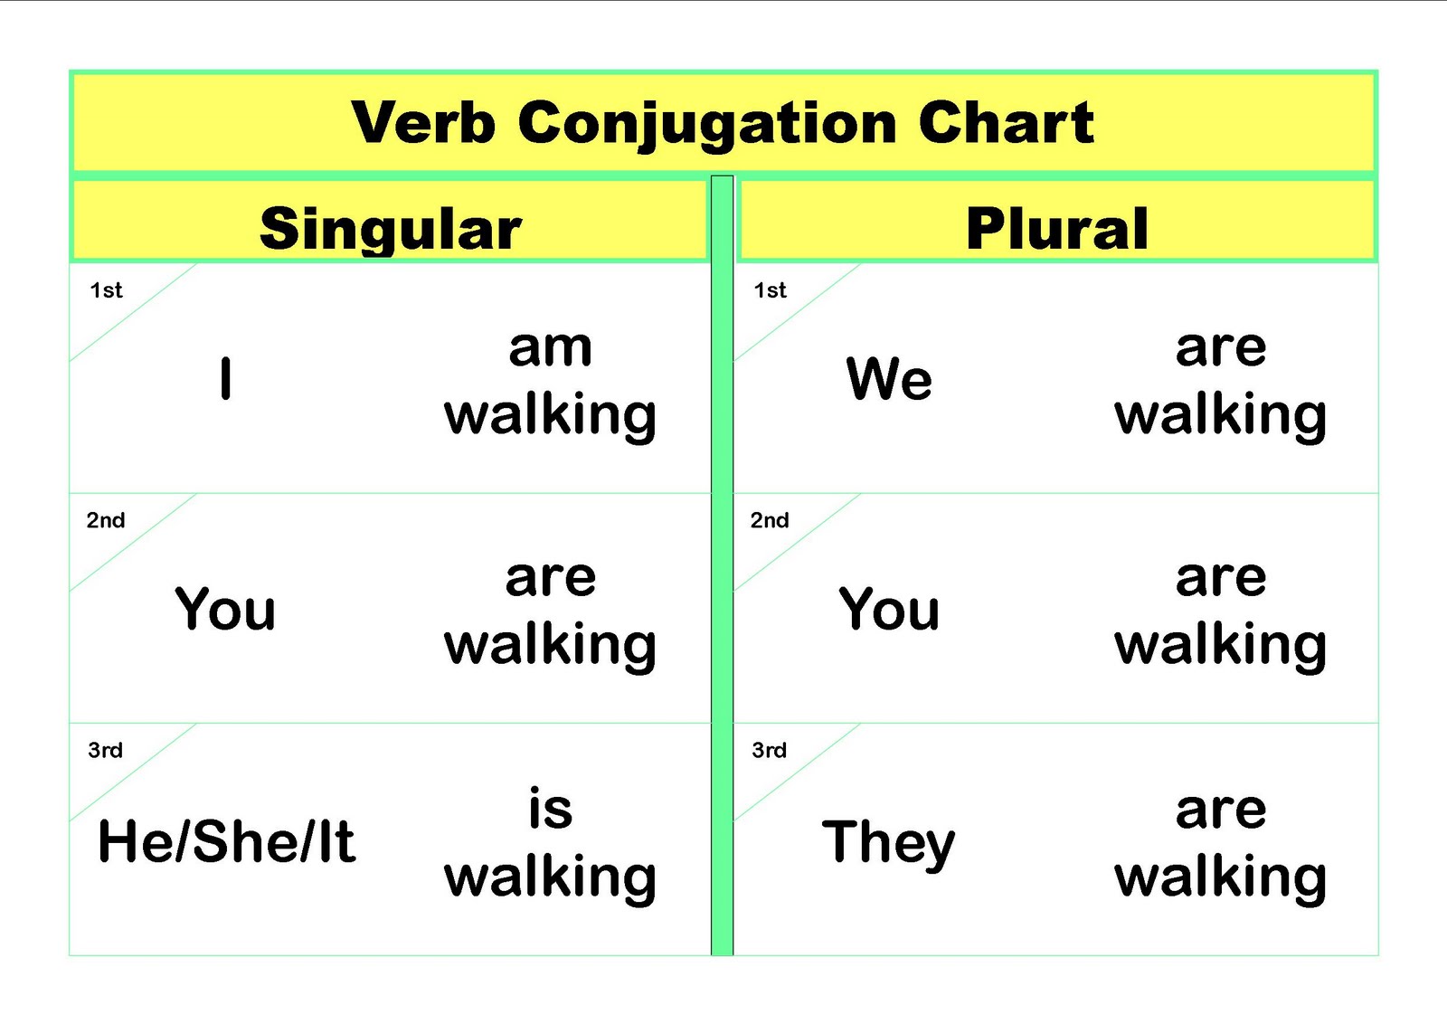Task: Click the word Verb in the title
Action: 423,122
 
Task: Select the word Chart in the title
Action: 1006,122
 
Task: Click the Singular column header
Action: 390,229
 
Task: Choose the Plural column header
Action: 1056,228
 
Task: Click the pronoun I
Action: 225,378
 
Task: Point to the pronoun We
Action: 889,378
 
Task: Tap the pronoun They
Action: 888,843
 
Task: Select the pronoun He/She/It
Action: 226,841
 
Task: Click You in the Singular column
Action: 225,609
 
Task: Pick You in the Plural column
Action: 889,609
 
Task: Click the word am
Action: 550,347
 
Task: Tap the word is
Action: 550,808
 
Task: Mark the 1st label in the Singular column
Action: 106,290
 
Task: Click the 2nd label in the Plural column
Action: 770,520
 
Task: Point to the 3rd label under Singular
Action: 105,750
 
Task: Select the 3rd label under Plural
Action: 769,750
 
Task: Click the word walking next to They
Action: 1220,877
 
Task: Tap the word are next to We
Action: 1221,347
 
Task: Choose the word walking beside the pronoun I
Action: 550,416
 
